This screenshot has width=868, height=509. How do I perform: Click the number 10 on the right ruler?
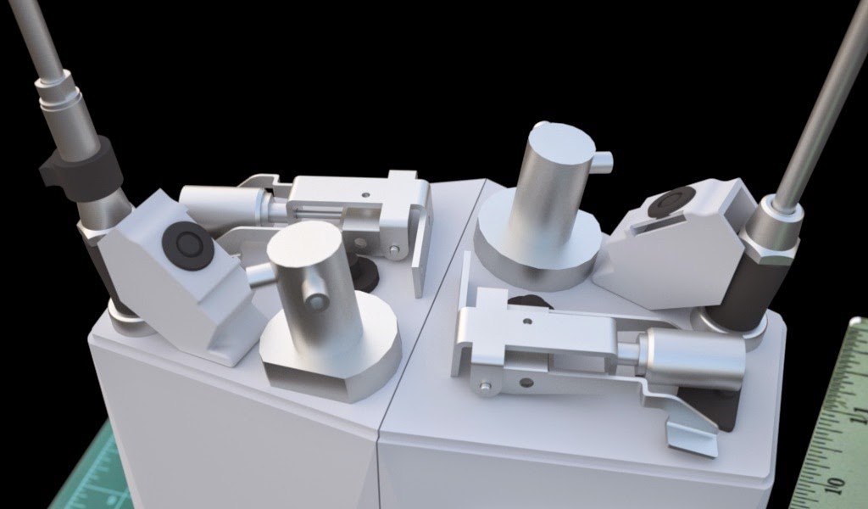839,482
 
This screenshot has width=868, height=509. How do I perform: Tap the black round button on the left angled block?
188,247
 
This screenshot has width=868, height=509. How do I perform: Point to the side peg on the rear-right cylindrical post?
602,158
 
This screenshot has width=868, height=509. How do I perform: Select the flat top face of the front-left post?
303,243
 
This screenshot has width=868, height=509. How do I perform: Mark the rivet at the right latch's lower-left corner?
485,389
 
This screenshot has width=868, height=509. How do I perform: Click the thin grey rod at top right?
818,102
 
